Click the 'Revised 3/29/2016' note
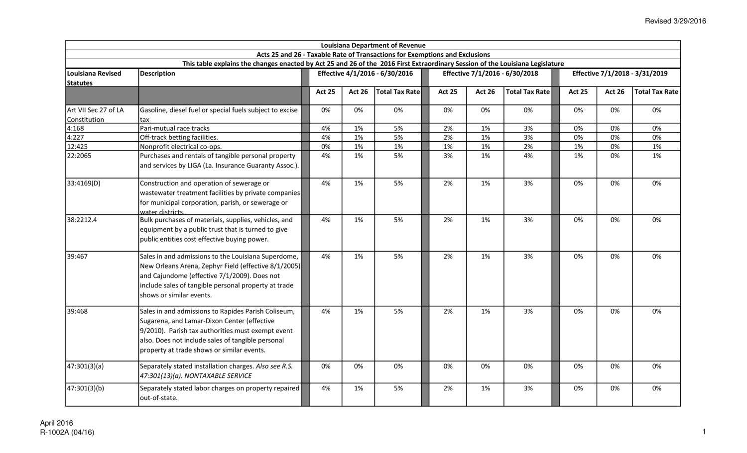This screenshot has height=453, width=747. click(675, 21)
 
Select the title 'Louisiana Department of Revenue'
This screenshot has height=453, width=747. click(373, 45)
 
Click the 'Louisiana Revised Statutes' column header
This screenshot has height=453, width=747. click(94, 78)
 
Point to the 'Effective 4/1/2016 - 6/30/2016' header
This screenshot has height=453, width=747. click(365, 74)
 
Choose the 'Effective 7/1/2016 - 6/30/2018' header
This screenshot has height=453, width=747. click(490, 74)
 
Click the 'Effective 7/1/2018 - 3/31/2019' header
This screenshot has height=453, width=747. click(620, 74)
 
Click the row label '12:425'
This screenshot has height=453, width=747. click(77, 147)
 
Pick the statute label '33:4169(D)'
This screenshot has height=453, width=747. click(83, 183)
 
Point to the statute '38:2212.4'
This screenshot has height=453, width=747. click(82, 220)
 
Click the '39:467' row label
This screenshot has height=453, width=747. click(77, 257)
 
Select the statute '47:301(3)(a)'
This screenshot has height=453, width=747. click(85, 366)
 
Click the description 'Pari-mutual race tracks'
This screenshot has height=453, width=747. click(175, 128)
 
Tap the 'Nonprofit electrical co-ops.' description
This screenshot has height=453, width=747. click(181, 147)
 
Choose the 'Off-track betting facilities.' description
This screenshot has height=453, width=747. click(179, 137)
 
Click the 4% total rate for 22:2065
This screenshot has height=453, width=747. click(528, 156)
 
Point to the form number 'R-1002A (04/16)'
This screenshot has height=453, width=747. click(67, 432)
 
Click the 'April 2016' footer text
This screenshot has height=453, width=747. click(56, 423)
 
